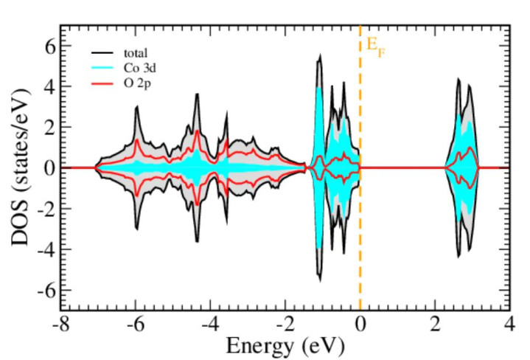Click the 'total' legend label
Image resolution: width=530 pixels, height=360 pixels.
135,53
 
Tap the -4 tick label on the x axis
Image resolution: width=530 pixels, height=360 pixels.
209,323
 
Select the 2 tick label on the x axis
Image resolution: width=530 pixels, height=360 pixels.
435,323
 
